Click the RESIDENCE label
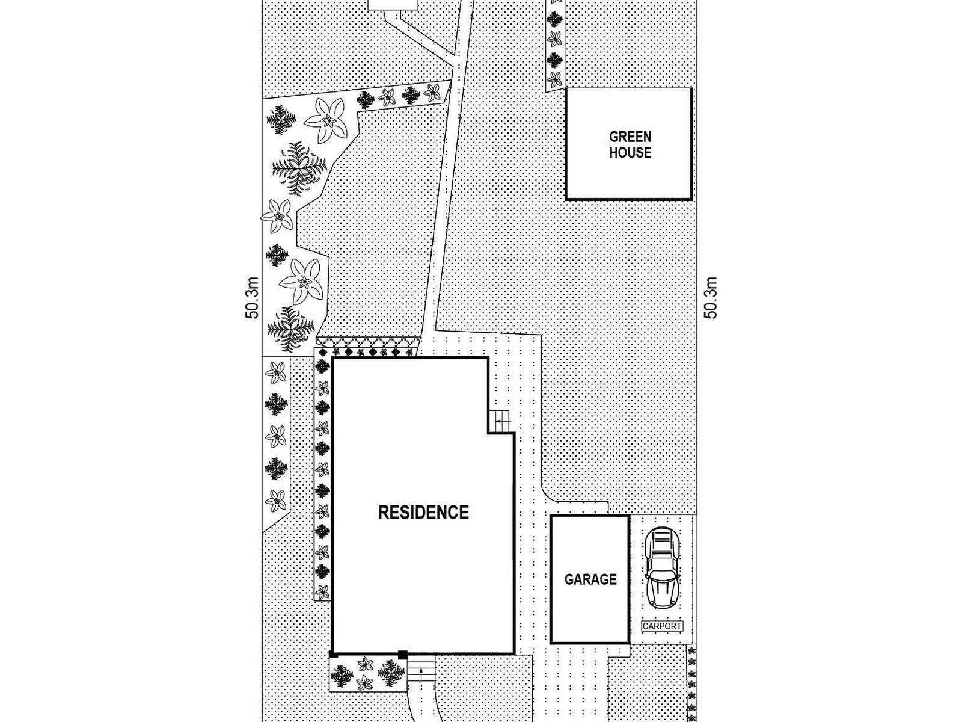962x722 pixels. pos(423,513)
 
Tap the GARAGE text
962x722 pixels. pos(590,579)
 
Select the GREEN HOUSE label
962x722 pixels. pos(630,144)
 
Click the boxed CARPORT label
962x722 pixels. pos(662,626)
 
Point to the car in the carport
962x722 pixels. pos(662,568)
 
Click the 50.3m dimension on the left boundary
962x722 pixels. pos(253,298)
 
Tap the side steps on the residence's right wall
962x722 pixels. pos(499,421)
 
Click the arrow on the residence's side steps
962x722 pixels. pos(503,421)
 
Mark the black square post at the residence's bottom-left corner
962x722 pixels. pos(334,655)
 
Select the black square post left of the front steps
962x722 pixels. pos(402,655)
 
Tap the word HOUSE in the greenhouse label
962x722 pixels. pos(630,153)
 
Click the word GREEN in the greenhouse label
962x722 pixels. pos(630,137)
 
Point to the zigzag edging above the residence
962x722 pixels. pos(369,342)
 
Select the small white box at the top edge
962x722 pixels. pos(393,5)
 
